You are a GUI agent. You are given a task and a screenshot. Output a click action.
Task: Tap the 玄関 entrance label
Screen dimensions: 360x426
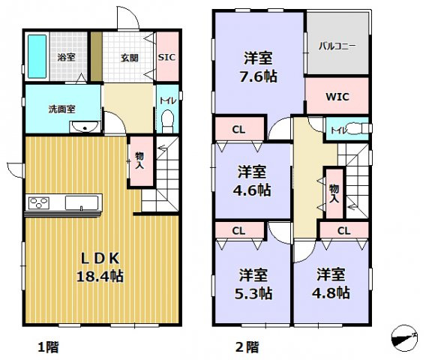[130, 56]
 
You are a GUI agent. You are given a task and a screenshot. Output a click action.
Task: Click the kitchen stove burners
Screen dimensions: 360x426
[39, 202]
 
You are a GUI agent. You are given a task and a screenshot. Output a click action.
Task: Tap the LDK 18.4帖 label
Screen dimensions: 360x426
[101, 265]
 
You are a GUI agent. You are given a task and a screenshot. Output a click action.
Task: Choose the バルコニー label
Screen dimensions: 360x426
[337, 46]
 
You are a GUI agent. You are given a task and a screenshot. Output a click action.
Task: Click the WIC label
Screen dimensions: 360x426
[337, 96]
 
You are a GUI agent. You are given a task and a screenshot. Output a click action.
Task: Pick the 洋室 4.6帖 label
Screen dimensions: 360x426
[252, 180]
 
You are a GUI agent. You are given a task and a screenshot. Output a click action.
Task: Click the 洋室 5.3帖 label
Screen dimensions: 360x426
[253, 283]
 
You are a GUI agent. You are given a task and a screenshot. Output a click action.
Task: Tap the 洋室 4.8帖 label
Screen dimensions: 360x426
[331, 283]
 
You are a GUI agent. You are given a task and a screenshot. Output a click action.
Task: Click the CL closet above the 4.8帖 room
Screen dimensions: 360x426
[343, 230]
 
